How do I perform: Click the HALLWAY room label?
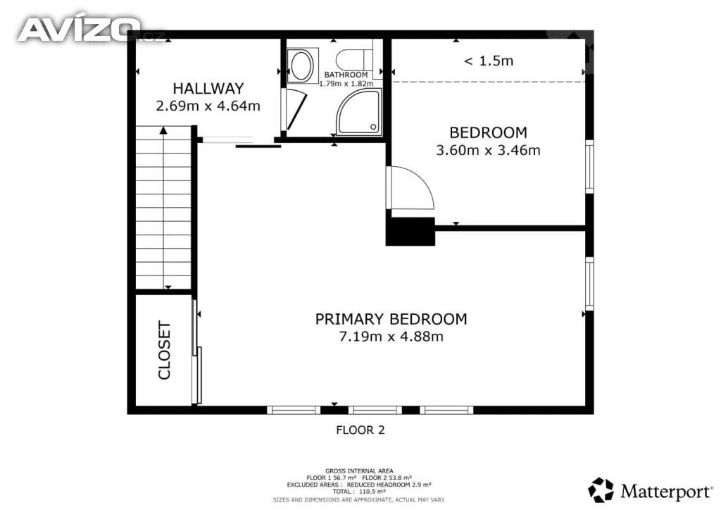click(x=208, y=88)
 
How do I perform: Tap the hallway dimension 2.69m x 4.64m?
click(x=208, y=106)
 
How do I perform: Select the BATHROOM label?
click(x=346, y=75)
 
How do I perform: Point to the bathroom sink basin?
click(x=301, y=66)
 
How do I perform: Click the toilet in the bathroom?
click(x=354, y=59)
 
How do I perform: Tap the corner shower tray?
click(x=359, y=112)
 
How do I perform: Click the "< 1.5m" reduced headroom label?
click(x=489, y=61)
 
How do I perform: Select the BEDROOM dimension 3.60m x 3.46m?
click(x=489, y=150)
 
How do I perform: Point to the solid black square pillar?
click(x=410, y=231)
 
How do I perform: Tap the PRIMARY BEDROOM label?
click(x=391, y=319)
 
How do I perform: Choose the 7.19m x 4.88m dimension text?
click(x=391, y=337)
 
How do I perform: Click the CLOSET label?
click(x=164, y=350)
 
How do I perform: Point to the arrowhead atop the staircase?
click(x=163, y=130)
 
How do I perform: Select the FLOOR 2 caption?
click(x=360, y=430)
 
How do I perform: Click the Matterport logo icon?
click(x=601, y=490)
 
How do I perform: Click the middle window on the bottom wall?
click(x=375, y=410)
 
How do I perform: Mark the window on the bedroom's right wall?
click(x=589, y=166)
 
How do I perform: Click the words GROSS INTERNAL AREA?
click(x=359, y=471)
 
